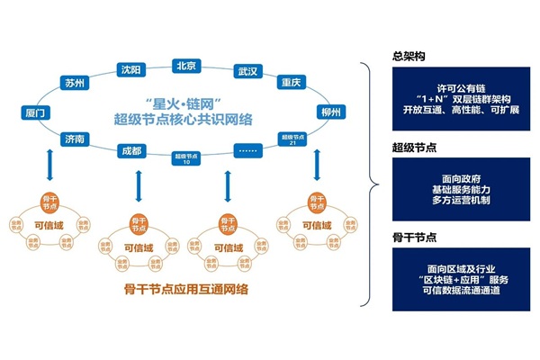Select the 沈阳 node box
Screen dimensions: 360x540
130,70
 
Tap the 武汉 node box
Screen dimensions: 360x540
247,70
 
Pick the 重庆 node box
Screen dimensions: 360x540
290,82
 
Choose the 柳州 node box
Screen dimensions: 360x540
329,112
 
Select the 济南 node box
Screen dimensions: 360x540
75,139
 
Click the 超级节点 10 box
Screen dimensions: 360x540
184,158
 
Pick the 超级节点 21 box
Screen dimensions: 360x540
291,141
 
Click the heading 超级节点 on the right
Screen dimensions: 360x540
409,146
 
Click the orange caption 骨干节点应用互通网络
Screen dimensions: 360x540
184,289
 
